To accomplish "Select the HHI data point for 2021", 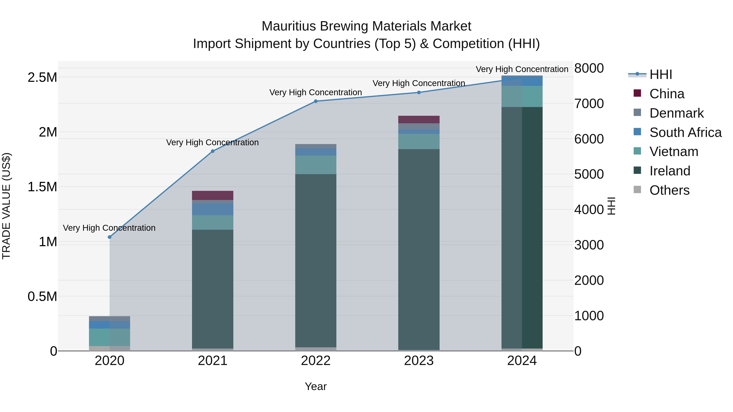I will click(x=213, y=151).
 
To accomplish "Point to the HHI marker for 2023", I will click(x=419, y=92).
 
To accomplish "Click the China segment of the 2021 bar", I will click(x=213, y=195).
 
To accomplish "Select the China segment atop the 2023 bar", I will click(x=419, y=119).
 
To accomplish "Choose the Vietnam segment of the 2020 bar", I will click(x=110, y=337).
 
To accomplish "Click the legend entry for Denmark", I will click(x=676, y=113).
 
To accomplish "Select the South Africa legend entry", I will click(x=685, y=132).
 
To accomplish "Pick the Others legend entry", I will click(x=669, y=190).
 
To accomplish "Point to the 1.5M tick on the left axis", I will click(x=42, y=187).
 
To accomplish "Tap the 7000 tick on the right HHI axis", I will click(x=589, y=104).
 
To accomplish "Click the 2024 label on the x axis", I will click(x=522, y=361).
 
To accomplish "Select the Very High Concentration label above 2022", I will click(x=316, y=92).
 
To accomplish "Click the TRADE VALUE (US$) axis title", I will click(x=6, y=206).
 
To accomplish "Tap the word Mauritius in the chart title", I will click(x=289, y=26).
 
